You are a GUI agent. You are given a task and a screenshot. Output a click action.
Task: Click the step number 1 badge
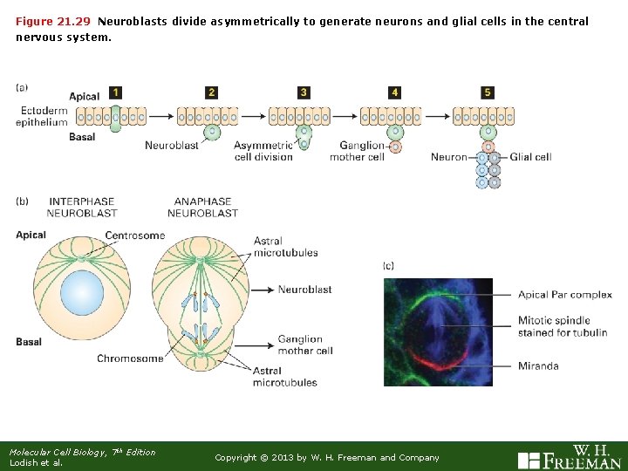click(116, 92)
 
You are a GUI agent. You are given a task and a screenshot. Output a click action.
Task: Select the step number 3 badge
click(303, 92)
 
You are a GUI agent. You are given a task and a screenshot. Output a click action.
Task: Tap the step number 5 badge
click(487, 92)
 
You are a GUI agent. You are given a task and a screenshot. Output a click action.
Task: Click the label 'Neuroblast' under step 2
click(172, 145)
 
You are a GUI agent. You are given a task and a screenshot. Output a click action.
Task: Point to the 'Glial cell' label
click(530, 157)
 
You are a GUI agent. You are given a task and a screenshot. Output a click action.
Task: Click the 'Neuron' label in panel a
click(449, 157)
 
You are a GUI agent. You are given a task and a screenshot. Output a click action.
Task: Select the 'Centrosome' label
click(134, 235)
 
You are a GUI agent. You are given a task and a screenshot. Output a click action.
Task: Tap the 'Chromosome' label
click(130, 358)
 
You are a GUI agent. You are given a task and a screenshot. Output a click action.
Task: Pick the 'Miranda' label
click(538, 366)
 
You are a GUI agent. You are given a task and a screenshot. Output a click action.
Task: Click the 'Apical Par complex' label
click(565, 295)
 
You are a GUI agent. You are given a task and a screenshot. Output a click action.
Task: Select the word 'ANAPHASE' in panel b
click(202, 201)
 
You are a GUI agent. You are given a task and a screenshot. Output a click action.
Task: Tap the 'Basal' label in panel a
click(82, 137)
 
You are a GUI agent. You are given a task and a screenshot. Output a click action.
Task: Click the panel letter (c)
click(389, 265)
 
